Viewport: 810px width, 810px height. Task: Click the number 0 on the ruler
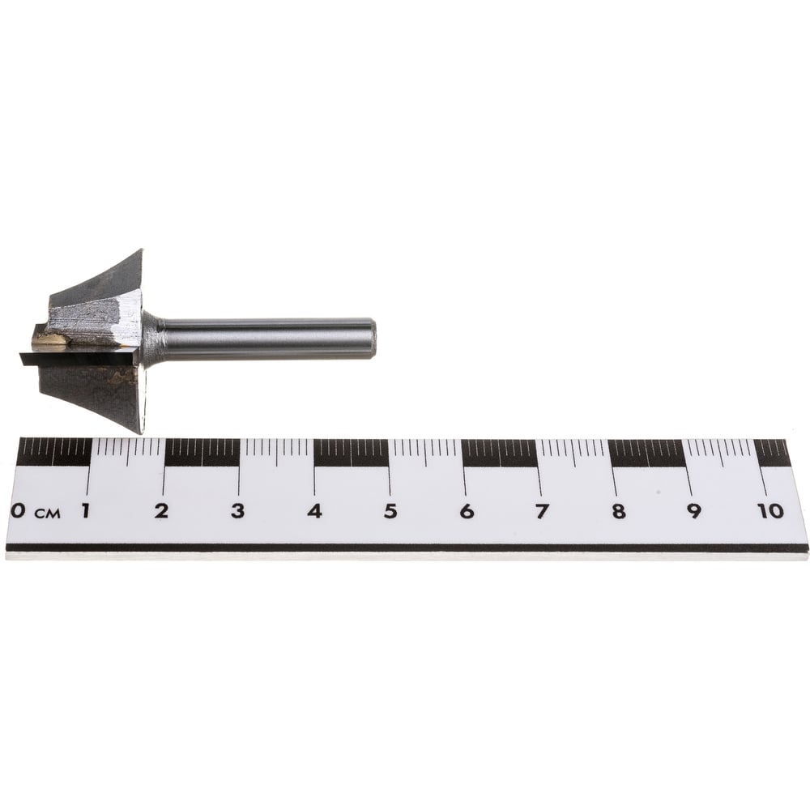click(x=18, y=510)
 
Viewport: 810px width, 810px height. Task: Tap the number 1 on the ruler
click(x=85, y=510)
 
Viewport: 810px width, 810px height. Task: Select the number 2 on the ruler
click(x=162, y=510)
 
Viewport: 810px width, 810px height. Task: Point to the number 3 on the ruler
click(x=237, y=510)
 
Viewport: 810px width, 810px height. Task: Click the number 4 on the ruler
click(x=314, y=510)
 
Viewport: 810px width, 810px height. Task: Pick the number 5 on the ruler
click(x=390, y=511)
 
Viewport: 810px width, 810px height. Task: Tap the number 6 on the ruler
click(x=467, y=511)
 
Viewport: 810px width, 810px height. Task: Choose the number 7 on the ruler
click(x=541, y=511)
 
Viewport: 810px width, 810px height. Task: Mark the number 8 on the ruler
click(x=618, y=511)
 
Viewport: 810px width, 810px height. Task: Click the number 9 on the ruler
click(x=694, y=511)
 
